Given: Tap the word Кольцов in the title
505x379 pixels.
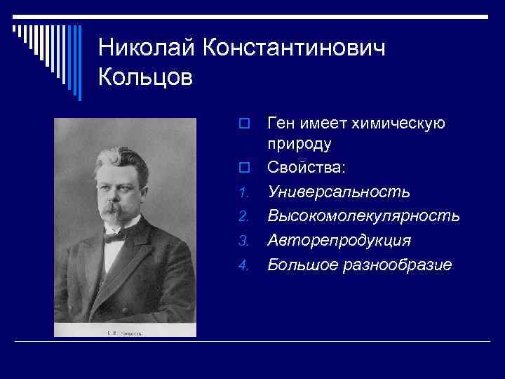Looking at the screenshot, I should click(x=145, y=77).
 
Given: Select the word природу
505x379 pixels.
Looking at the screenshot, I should click(x=299, y=144).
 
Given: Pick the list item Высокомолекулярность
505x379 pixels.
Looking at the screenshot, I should click(x=363, y=216).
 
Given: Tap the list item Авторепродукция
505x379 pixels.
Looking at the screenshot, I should click(x=339, y=241).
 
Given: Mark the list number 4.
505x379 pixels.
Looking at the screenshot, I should click(x=243, y=266).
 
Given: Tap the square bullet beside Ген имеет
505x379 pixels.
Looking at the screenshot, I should click(x=243, y=124).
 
